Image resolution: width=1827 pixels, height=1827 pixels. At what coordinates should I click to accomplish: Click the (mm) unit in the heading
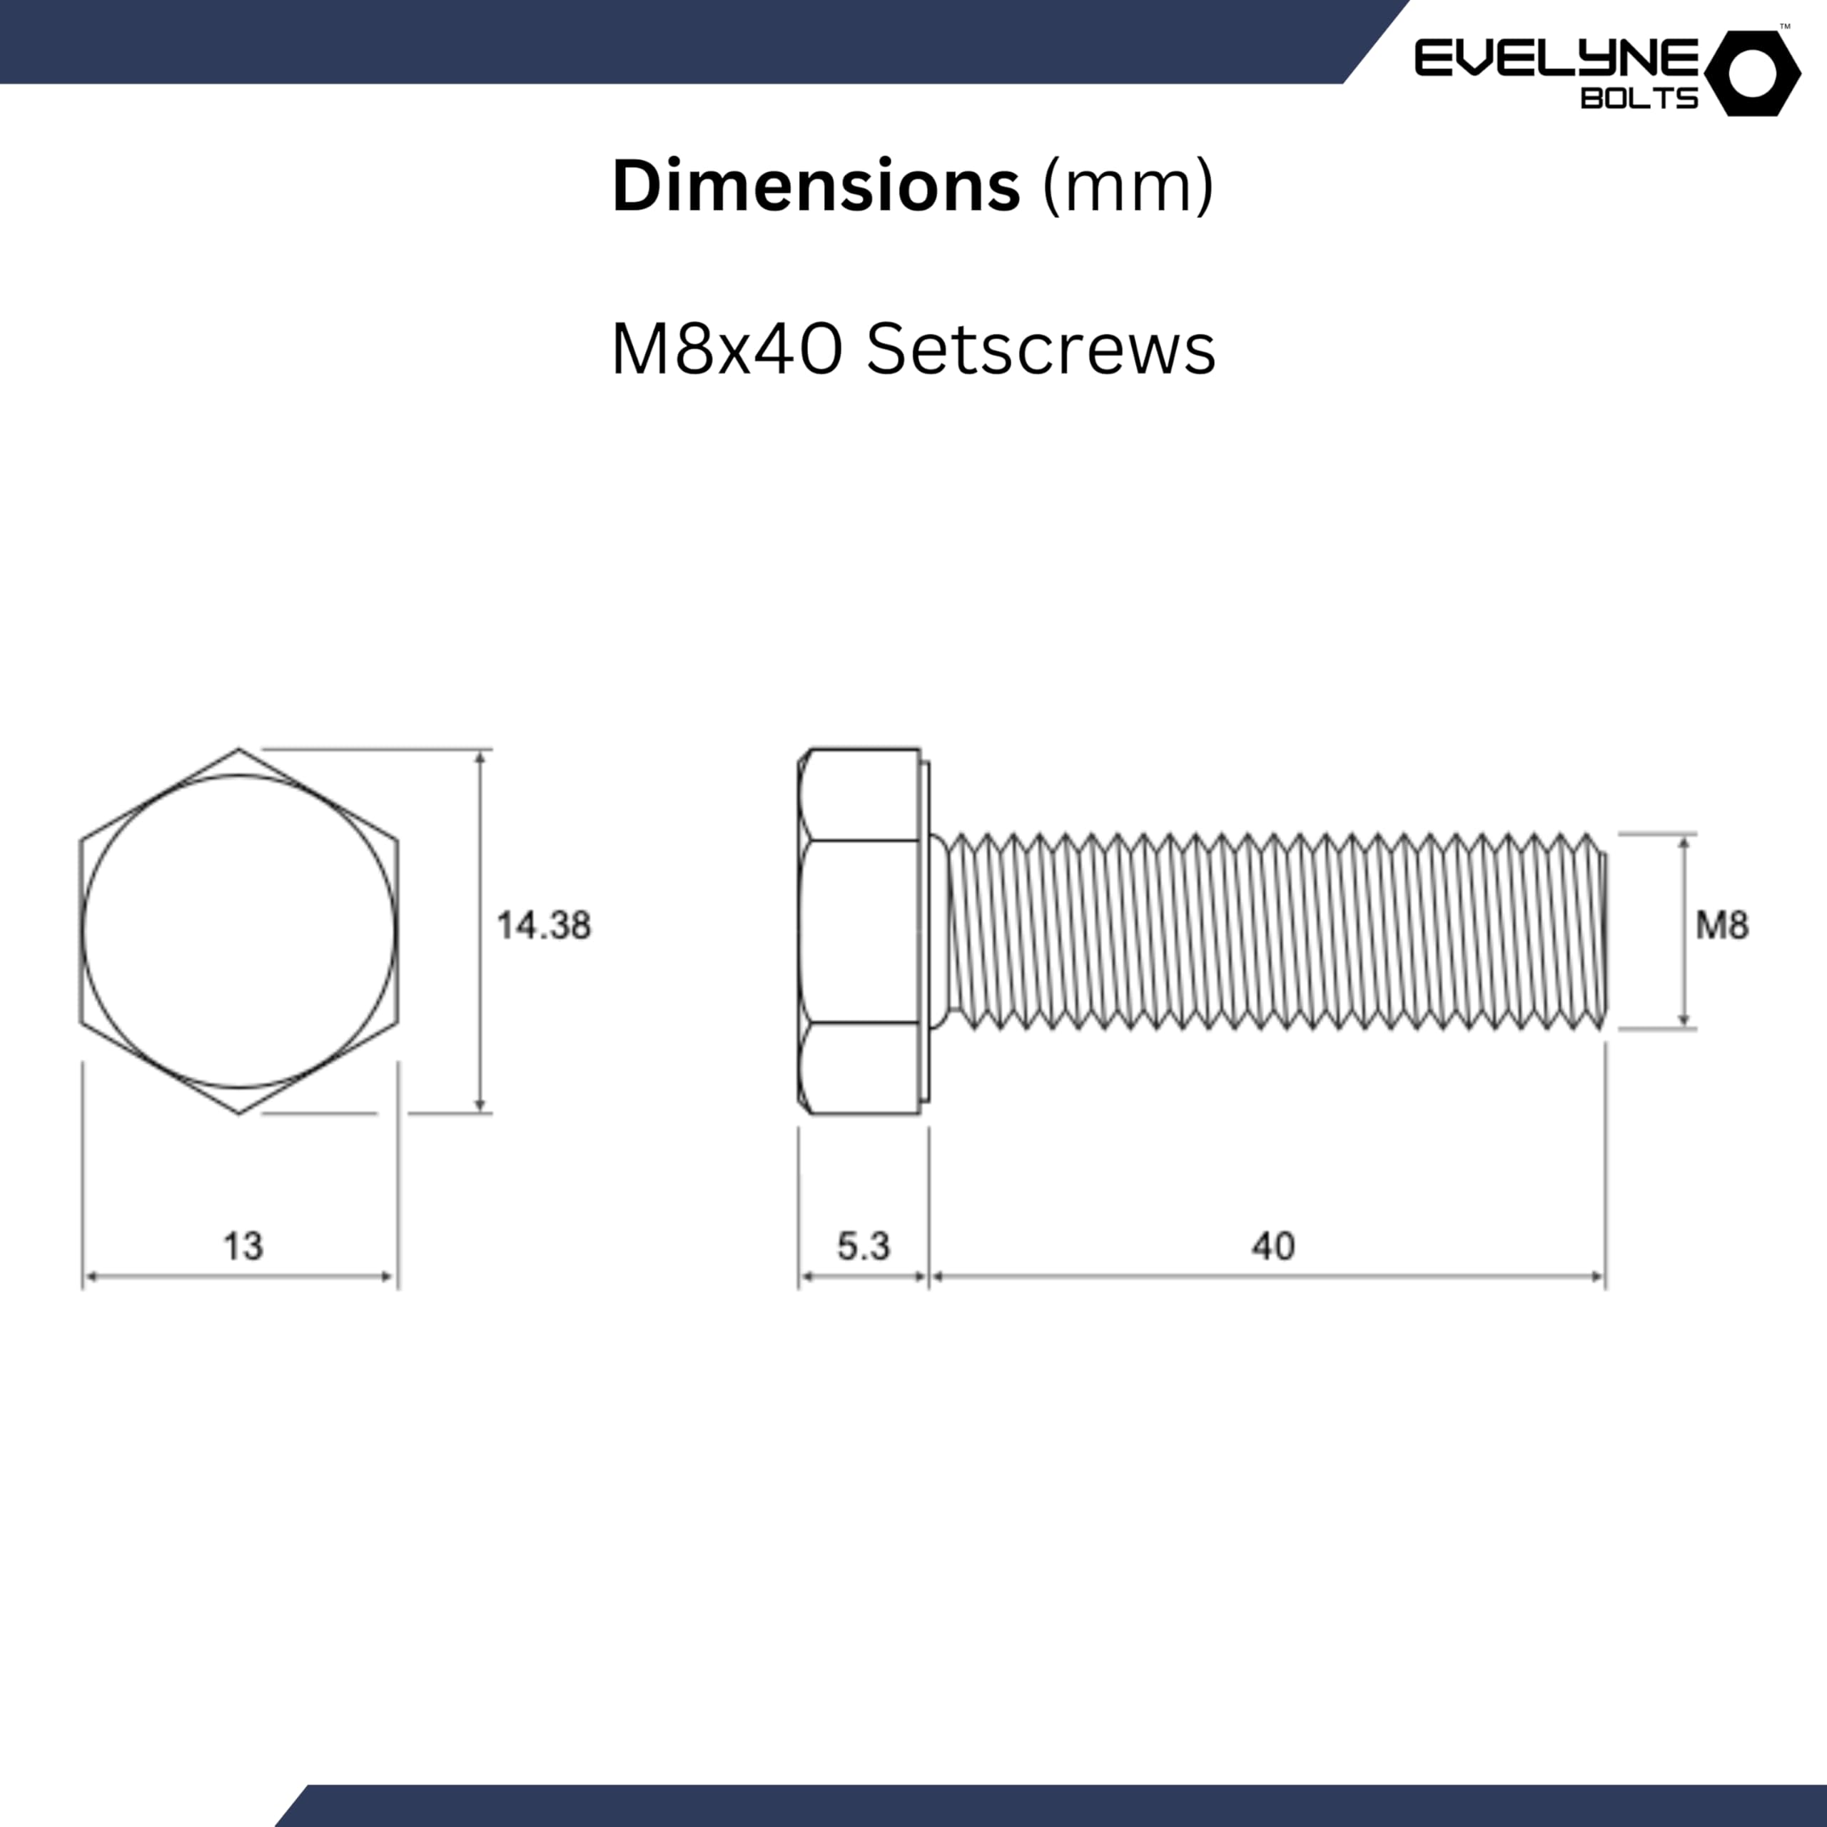[x=1127, y=187]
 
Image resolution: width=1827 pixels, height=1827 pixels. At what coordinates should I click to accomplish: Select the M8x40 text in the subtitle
[x=727, y=350]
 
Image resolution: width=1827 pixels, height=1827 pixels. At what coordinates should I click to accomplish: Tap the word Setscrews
[x=1041, y=350]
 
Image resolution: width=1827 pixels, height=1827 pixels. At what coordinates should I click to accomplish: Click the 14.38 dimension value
[x=544, y=926]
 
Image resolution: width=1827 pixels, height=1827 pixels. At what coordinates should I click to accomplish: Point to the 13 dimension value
[x=243, y=1246]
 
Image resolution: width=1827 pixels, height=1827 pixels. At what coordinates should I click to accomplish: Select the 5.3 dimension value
[x=864, y=1246]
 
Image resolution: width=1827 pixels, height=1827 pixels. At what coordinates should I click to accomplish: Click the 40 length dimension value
[x=1273, y=1246]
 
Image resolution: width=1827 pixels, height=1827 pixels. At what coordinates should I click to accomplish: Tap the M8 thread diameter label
[x=1722, y=925]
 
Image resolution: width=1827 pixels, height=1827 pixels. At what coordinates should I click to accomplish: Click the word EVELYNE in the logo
[x=1557, y=59]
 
